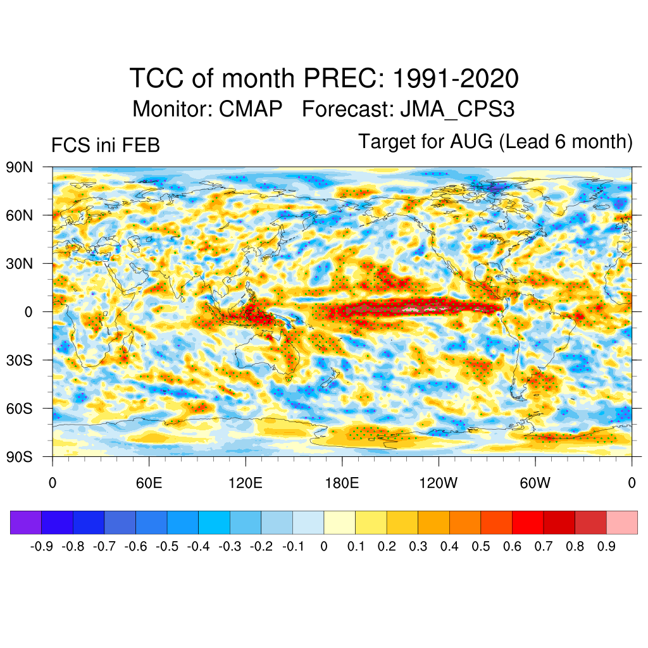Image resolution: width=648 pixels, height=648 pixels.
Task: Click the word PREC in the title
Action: [342, 79]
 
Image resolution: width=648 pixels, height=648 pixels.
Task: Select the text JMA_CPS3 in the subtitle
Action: [457, 109]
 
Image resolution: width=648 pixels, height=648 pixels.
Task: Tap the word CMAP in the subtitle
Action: [251, 109]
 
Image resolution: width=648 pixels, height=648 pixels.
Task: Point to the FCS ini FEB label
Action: [105, 146]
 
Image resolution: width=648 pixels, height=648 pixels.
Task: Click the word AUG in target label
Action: [471, 142]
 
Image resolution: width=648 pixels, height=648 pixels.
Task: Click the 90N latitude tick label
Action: [20, 168]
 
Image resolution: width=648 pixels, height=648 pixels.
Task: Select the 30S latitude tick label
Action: [20, 360]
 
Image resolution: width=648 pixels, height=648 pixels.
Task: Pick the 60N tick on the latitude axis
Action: [20, 216]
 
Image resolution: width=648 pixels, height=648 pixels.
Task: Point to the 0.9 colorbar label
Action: [606, 546]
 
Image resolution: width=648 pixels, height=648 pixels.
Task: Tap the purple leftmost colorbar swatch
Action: [26, 522]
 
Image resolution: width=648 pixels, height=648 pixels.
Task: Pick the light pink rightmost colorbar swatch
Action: [622, 522]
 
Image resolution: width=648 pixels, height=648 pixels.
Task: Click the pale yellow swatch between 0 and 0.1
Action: [340, 522]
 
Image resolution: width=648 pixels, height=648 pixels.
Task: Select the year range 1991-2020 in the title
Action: [456, 79]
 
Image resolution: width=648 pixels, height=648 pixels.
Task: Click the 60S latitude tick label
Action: [20, 408]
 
